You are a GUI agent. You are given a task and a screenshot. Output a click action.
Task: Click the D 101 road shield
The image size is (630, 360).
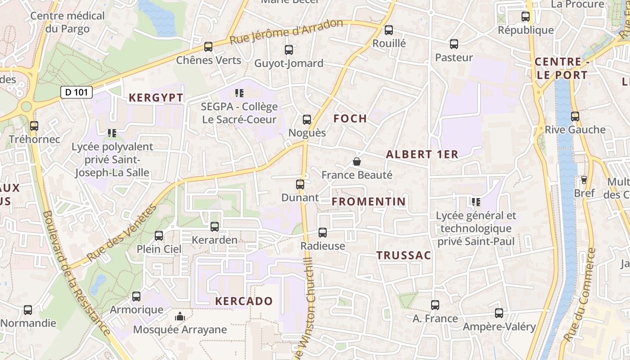(76, 92)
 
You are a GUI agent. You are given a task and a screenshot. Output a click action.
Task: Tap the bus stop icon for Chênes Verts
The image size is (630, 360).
(208, 46)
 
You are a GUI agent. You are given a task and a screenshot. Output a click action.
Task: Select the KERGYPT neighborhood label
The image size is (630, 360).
(156, 98)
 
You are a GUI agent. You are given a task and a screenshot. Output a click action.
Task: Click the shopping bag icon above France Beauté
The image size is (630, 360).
(357, 162)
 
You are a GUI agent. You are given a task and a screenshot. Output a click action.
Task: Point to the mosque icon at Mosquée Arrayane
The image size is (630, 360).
(180, 316)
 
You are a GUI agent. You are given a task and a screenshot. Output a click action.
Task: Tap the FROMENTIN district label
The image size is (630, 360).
(369, 202)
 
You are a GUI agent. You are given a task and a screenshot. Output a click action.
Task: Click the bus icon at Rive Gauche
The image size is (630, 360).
(575, 117)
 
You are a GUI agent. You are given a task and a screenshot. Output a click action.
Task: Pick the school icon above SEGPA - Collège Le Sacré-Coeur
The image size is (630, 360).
(239, 93)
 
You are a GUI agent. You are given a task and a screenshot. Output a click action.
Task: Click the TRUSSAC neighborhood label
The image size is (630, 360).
(404, 256)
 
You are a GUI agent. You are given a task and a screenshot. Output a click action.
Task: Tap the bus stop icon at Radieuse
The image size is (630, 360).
(323, 233)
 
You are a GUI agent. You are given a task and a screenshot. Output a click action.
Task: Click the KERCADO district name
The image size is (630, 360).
(244, 301)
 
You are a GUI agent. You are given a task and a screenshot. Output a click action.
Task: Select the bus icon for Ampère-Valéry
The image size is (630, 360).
(499, 313)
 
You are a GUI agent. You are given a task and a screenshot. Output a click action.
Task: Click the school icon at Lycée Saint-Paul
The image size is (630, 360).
(476, 202)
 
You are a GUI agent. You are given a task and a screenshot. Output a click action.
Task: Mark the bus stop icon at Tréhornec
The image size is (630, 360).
(34, 126)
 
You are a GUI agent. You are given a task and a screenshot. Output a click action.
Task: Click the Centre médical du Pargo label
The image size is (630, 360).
(67, 22)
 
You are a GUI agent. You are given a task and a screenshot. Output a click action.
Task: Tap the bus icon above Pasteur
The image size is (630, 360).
(454, 44)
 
